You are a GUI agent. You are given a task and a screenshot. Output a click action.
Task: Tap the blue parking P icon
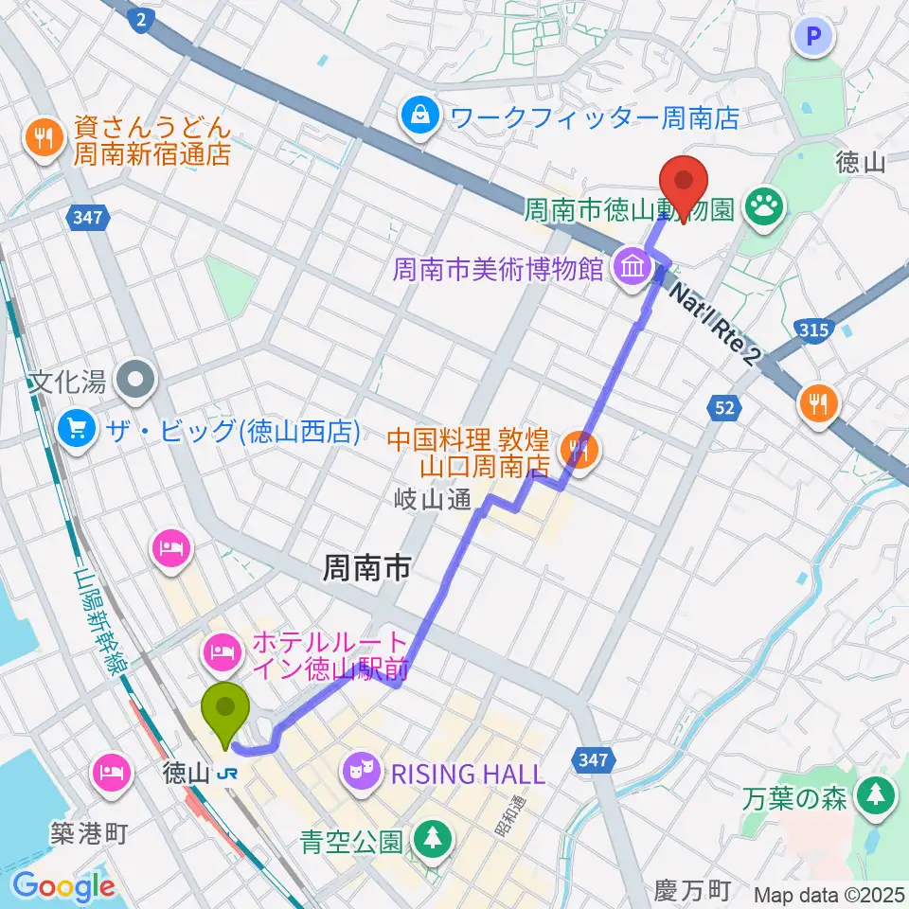pos(815,37)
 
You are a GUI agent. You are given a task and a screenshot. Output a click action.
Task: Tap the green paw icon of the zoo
pos(763,204)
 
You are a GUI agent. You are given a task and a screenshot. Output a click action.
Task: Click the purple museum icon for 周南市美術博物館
pos(632,269)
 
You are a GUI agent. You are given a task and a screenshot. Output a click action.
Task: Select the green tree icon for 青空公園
pos(432,839)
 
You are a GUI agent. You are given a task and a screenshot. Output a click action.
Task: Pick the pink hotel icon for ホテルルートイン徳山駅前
pos(223,650)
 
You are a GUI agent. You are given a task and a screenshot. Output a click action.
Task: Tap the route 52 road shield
pos(723,406)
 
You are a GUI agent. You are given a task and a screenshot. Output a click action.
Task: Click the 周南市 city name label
pos(366,568)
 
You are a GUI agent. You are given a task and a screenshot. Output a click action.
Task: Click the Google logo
pos(63,886)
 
